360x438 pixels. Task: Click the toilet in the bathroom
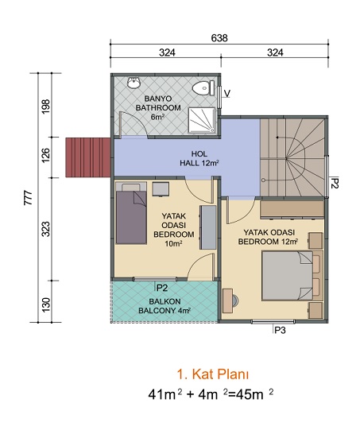pos(203,88)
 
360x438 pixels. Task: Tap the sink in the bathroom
pos(134,83)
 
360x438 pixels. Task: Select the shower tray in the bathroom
pos(202,120)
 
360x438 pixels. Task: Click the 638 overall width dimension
pos(219,37)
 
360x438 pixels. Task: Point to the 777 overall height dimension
pos(29,198)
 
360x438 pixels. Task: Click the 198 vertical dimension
pos(45,106)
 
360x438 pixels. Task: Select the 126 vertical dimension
pos(45,155)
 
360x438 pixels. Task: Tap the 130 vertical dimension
pos(46,305)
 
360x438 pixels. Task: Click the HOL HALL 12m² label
pos(199,158)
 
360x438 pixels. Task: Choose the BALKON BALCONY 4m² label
pos(165,306)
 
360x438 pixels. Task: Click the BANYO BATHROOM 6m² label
pos(158,107)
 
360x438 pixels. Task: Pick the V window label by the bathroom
pos(227,93)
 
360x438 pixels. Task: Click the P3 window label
pos(280,331)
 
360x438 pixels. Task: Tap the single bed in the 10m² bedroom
pos(131,213)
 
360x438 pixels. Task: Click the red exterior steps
pos(88,157)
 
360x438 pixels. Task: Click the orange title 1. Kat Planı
pos(213,374)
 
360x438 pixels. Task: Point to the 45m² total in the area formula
pos(255,394)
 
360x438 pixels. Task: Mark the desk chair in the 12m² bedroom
pos(235,300)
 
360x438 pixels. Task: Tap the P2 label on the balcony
pos(162,288)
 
